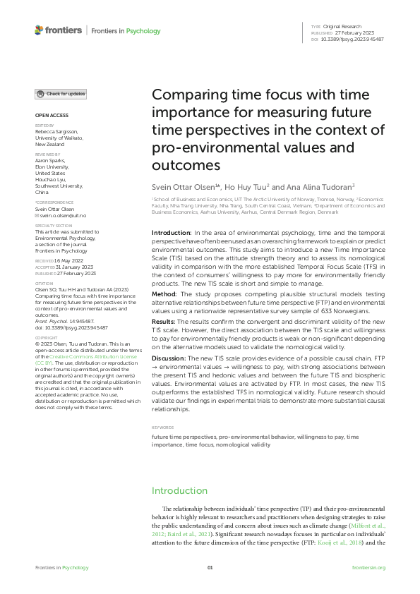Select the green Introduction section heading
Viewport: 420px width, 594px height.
coord(180,490)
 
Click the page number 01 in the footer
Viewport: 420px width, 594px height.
coord(210,567)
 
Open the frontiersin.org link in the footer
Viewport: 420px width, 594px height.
coord(368,567)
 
